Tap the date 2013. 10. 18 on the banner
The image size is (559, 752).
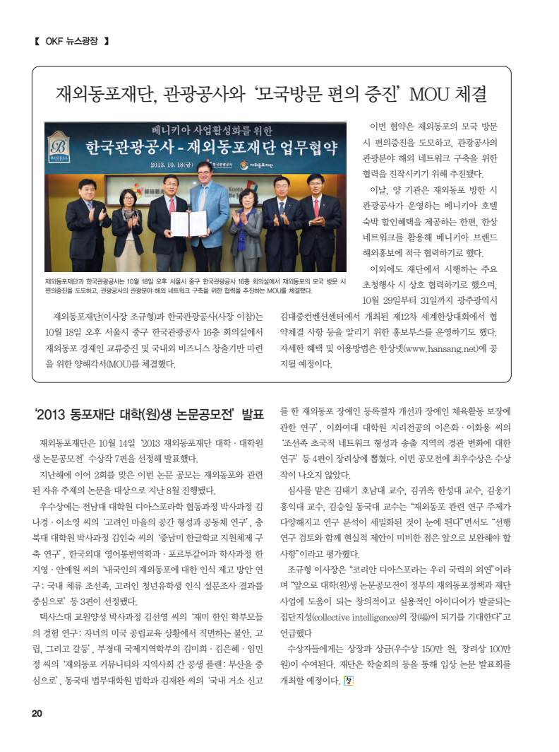(170, 165)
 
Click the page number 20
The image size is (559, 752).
(36, 713)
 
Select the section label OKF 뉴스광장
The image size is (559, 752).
(71, 40)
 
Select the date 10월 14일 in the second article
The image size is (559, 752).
(116, 443)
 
